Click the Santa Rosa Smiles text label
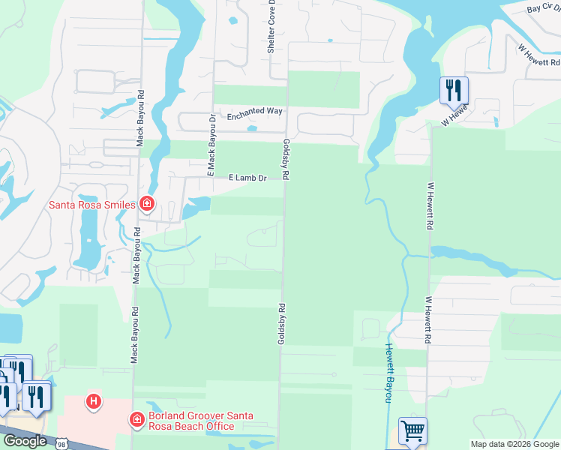(x=91, y=204)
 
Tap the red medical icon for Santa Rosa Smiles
(x=147, y=204)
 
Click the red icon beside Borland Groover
(x=136, y=420)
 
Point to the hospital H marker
(x=94, y=403)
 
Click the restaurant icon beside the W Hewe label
(x=454, y=90)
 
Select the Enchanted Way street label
(x=255, y=111)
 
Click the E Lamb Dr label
(x=247, y=178)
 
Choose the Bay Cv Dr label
(x=544, y=9)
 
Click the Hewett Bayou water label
(x=389, y=373)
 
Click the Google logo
(x=25, y=441)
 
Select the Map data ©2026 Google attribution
(x=514, y=444)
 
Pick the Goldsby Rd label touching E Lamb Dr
(x=286, y=158)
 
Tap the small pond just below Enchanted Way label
(x=252, y=128)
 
